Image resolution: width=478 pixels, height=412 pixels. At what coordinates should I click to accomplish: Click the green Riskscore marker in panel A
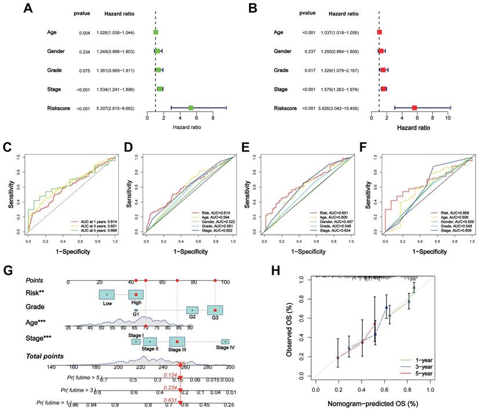click(191, 108)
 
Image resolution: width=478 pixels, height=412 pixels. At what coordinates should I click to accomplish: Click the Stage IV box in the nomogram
click(225, 342)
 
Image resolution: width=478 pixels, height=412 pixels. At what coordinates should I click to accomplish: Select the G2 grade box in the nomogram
click(192, 311)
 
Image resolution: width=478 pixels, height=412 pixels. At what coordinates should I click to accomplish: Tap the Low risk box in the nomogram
click(107, 295)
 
